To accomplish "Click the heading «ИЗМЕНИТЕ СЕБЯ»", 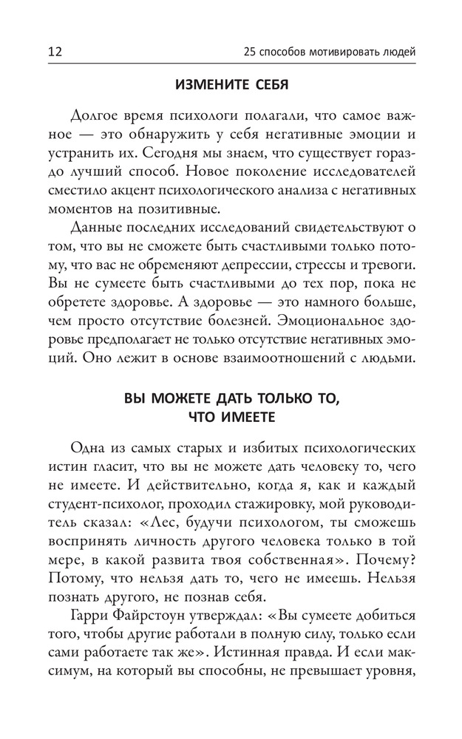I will pyautogui.click(x=231, y=84).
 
